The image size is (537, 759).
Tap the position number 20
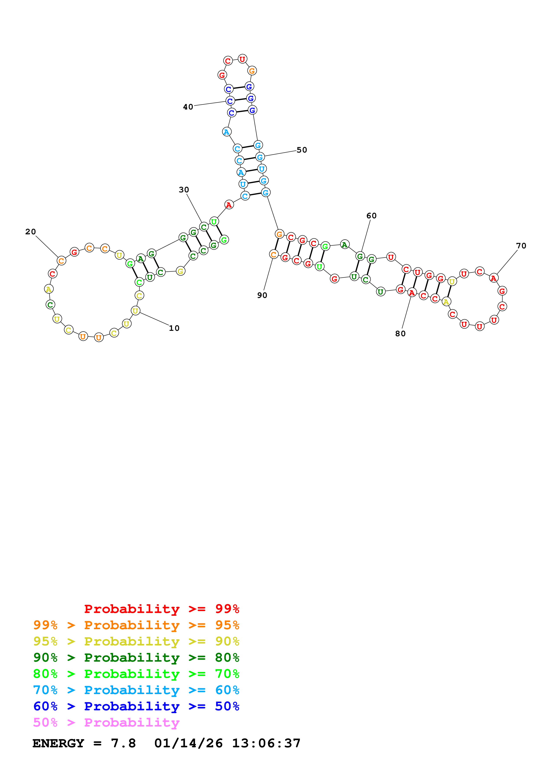pyautogui.click(x=31, y=232)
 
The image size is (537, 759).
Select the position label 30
pyautogui.click(x=184, y=190)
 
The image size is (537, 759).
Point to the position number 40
pyautogui.click(x=188, y=107)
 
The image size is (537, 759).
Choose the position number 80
pyautogui.click(x=400, y=334)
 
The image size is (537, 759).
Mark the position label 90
pyautogui.click(x=262, y=295)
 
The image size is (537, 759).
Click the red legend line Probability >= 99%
pyautogui.click(x=161, y=609)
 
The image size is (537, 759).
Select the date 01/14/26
pyautogui.click(x=188, y=743)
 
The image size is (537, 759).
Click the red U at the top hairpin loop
pyautogui.click(x=243, y=59)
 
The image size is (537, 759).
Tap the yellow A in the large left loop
pyautogui.click(x=49, y=289)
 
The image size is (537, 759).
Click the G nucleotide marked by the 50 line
pyautogui.click(x=260, y=157)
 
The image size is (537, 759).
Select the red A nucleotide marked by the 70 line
pyautogui.click(x=494, y=278)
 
